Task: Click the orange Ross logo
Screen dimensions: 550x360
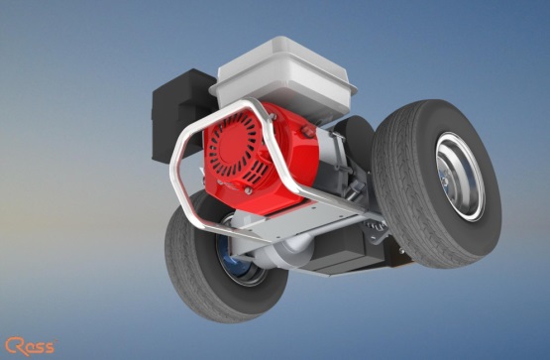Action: coord(31,346)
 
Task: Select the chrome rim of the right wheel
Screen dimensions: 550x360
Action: coord(460,177)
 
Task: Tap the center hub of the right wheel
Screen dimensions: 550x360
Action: coord(446,181)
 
